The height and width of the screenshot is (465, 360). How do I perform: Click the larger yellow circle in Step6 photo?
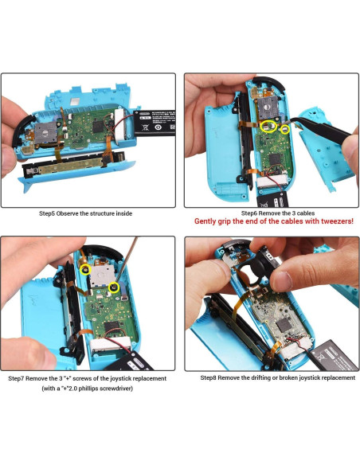(x=270, y=126)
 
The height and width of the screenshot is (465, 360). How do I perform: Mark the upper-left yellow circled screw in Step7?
(x=84, y=270)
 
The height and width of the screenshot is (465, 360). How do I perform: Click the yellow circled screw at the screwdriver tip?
(x=114, y=286)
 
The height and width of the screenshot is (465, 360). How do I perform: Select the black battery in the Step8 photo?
(x=333, y=351)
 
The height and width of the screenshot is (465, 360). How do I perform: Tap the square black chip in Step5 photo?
(x=98, y=126)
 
